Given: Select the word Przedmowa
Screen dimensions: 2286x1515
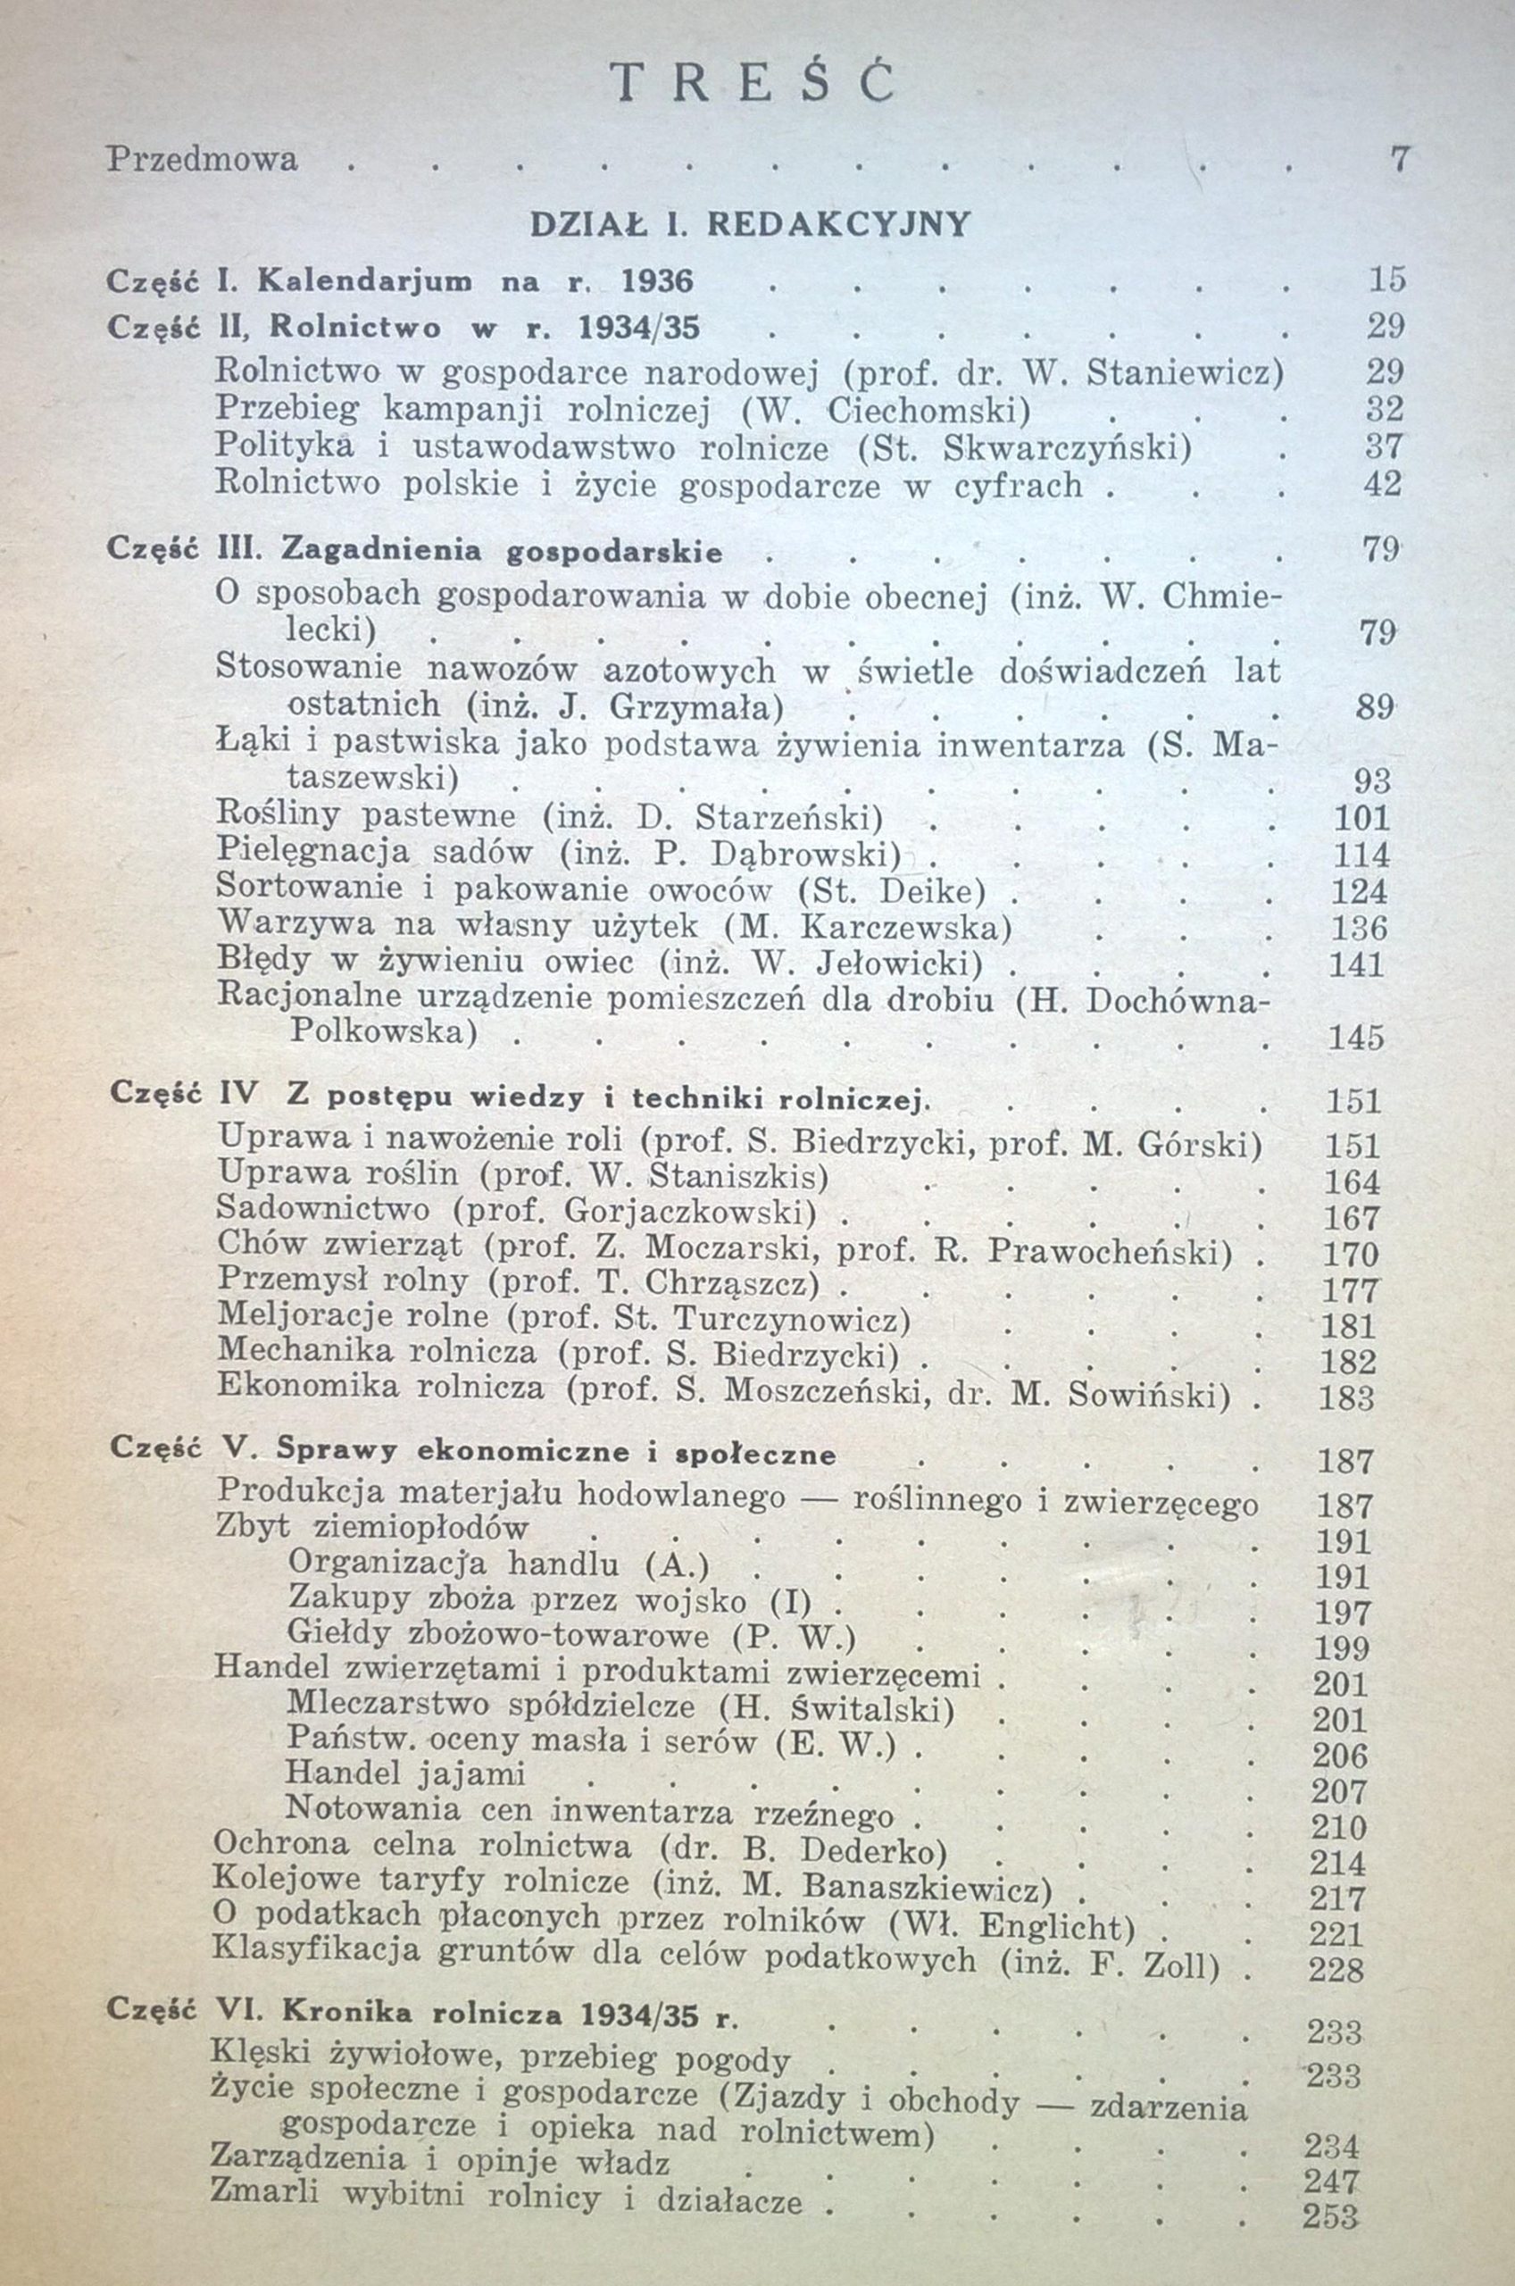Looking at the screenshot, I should [x=202, y=158].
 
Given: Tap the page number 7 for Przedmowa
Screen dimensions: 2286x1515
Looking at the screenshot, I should [x=1397, y=157].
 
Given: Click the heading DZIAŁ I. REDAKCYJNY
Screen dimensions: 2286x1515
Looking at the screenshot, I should [x=749, y=224].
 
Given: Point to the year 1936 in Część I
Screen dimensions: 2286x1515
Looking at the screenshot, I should [x=657, y=281].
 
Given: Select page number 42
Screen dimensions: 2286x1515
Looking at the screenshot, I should [x=1382, y=483].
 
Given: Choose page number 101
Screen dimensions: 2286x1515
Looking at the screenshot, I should [x=1361, y=818].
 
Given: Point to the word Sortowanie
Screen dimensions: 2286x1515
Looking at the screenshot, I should [x=300, y=890].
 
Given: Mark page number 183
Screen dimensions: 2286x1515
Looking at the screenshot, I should [x=1346, y=1397].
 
